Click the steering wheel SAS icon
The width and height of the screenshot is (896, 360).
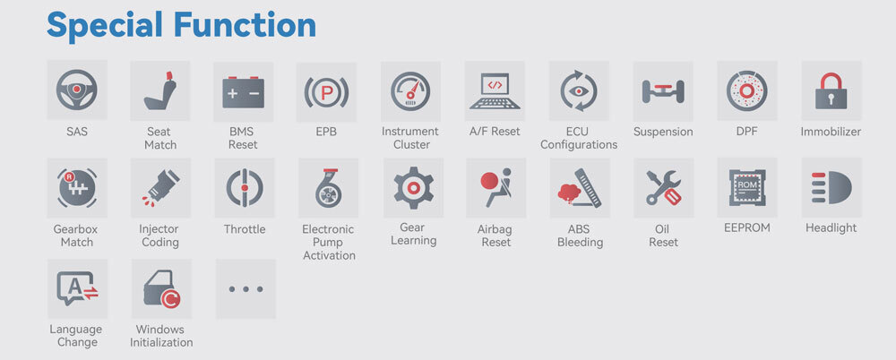pyautogui.click(x=76, y=90)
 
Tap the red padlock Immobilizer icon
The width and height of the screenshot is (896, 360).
pyautogui.click(x=831, y=90)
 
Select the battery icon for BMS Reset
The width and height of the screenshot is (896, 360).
pyautogui.click(x=244, y=91)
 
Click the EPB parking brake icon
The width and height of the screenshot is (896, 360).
pyautogui.click(x=326, y=91)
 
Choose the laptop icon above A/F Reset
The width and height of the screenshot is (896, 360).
pyautogui.click(x=495, y=91)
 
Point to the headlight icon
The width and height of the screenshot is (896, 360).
pyautogui.click(x=831, y=187)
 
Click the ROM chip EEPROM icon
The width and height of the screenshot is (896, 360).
pyautogui.click(x=747, y=187)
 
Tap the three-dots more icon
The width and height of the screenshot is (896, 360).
pyautogui.click(x=246, y=289)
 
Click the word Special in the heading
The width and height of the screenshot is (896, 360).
pyautogui.click(x=106, y=25)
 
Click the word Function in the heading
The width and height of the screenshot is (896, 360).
pyautogui.click(x=245, y=24)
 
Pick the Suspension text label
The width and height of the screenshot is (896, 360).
pyautogui.click(x=663, y=132)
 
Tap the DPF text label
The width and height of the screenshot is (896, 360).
pyautogui.click(x=747, y=132)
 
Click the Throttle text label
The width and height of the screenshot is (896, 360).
pyautogui.click(x=245, y=229)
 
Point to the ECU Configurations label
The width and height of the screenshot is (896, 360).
pyautogui.click(x=579, y=138)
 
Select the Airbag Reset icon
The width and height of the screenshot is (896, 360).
pyautogui.click(x=495, y=188)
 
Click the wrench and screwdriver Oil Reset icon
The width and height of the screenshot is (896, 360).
pyautogui.click(x=663, y=187)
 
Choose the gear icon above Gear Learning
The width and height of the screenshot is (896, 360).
pyautogui.click(x=413, y=187)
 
